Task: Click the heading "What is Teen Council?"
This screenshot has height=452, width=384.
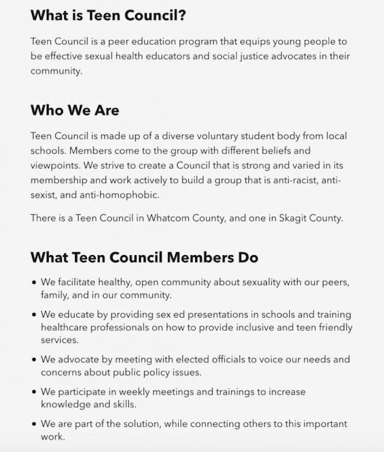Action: pyautogui.click(x=108, y=16)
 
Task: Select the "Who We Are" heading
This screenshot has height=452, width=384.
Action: pyautogui.click(x=75, y=110)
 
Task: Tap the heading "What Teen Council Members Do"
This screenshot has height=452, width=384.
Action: pyautogui.click(x=144, y=258)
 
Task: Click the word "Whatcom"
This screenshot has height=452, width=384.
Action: pyautogui.click(x=173, y=218)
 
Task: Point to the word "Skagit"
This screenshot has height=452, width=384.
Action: pyautogui.click(x=293, y=218)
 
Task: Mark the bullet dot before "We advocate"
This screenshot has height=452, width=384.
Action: pyautogui.click(x=34, y=360)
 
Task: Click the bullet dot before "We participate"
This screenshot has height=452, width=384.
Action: pyautogui.click(x=34, y=392)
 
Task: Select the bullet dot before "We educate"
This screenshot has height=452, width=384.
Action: pyautogui.click(x=34, y=315)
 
